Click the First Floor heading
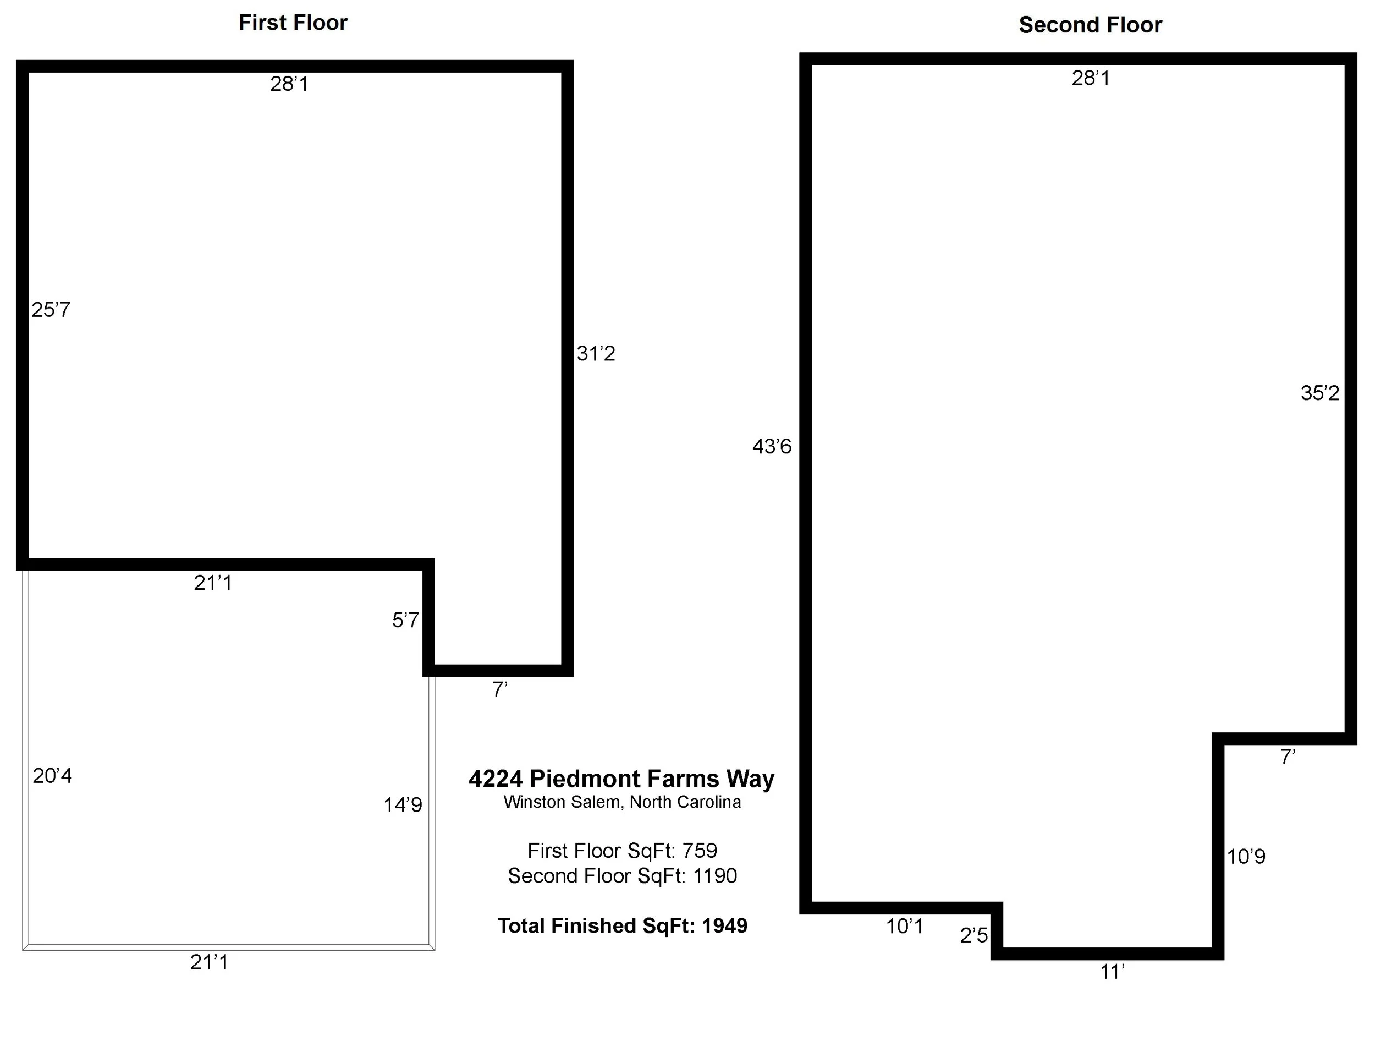293,23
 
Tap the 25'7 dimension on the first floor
51,310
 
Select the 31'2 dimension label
596,354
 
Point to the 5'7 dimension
405,620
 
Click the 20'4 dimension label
52,776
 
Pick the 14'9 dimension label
403,805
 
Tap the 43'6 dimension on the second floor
772,446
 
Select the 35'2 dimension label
1319,393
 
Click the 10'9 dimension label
1246,857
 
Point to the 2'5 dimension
974,935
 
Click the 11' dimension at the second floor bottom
1112,972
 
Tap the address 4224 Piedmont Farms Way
621,779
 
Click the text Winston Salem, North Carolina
622,802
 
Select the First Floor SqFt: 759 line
622,851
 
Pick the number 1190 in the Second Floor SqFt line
714,876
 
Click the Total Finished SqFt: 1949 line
622,925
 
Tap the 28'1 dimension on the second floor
1091,78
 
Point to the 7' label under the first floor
500,689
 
